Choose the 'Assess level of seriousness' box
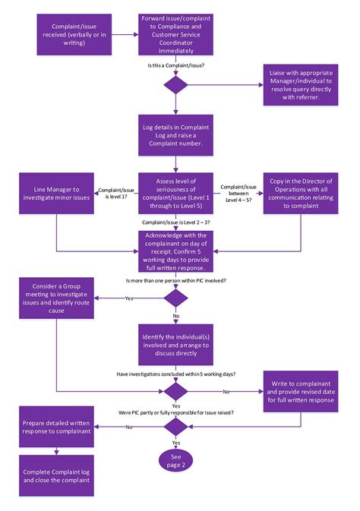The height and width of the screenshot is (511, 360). click(x=177, y=194)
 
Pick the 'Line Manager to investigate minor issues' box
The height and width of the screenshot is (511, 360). click(x=55, y=194)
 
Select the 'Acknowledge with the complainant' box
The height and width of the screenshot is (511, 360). click(x=177, y=251)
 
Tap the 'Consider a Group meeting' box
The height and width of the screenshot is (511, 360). click(x=55, y=297)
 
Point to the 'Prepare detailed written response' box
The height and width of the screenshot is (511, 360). click(x=55, y=427)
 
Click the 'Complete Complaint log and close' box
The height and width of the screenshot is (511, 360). click(x=55, y=475)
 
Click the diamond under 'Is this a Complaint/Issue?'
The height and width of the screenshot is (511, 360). click(x=177, y=84)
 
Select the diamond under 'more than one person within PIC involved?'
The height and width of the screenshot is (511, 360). click(x=177, y=297)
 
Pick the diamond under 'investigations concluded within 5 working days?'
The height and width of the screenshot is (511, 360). click(x=177, y=391)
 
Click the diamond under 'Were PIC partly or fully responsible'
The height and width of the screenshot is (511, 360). click(x=177, y=427)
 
